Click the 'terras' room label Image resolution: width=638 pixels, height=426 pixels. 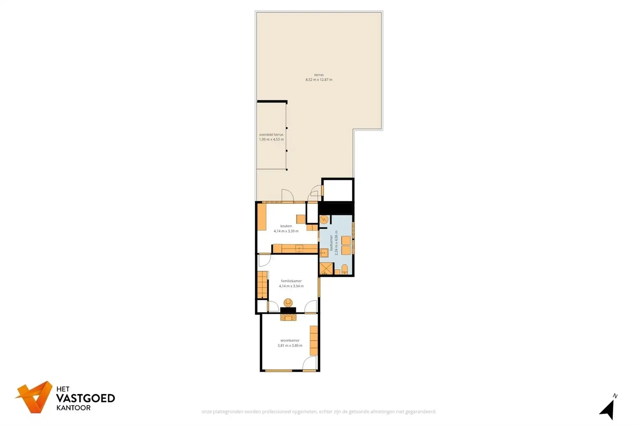tap(319, 75)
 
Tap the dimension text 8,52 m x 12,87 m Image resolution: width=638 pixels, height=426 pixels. tap(319, 80)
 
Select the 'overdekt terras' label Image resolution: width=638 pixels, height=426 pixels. tap(271, 134)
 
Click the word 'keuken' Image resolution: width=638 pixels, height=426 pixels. tap(286, 226)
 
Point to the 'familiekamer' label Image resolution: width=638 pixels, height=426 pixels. tap(291, 281)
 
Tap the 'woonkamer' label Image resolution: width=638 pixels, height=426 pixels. tap(290, 340)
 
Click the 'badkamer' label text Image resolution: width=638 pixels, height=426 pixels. tap(331, 243)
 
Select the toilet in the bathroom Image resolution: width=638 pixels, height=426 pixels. tap(345, 269)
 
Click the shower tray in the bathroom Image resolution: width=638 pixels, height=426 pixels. tap(326, 269)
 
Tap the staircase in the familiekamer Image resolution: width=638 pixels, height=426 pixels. tap(262, 285)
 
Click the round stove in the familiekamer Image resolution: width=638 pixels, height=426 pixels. tap(288, 302)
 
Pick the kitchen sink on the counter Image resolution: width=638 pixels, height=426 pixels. tap(299, 248)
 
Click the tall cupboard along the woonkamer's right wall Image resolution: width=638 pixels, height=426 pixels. tap(314, 340)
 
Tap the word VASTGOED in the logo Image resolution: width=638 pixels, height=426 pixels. tap(85, 398)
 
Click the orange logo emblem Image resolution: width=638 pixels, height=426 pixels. tap(34, 397)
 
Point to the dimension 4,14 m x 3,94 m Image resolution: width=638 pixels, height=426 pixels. tap(291, 286)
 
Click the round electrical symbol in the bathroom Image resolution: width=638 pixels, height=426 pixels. tap(324, 219)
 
